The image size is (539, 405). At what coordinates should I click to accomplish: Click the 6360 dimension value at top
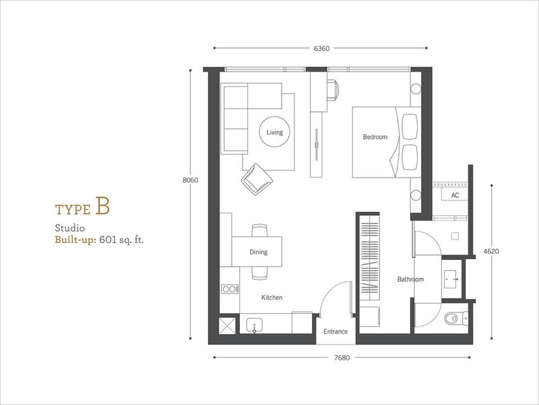321,49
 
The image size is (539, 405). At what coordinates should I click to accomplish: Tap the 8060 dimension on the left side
190,180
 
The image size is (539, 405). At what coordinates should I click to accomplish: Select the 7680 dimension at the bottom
342,358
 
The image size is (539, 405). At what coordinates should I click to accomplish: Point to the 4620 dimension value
491,251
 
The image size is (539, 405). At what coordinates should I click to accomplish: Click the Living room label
275,132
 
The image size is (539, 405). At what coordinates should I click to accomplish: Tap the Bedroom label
375,137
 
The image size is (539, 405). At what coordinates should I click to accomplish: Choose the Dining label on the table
259,252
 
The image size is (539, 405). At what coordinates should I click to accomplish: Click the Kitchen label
272,298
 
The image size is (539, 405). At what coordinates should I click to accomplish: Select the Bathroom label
410,279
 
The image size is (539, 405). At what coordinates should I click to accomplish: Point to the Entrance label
336,331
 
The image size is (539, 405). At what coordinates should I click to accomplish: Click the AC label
455,195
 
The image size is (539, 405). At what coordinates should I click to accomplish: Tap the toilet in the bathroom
456,318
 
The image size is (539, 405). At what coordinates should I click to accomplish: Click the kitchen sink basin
255,325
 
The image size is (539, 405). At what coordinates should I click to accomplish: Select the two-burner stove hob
230,290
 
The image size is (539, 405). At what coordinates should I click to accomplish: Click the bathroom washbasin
451,279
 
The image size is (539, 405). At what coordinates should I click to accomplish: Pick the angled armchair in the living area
257,179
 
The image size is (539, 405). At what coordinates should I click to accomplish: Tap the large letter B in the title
102,206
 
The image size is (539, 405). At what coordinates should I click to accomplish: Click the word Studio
70,228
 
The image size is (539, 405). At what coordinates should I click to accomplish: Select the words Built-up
75,240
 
